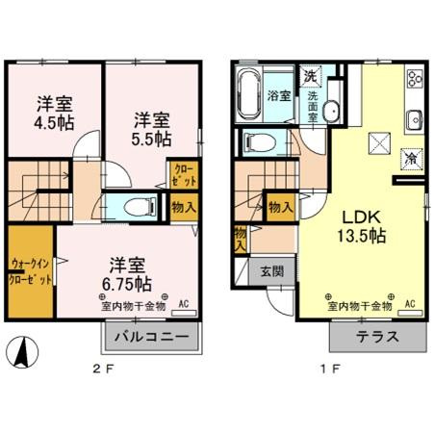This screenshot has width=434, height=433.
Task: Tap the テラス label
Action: click(377, 339)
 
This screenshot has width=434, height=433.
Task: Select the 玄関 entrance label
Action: click(271, 271)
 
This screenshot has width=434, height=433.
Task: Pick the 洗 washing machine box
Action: click(310, 75)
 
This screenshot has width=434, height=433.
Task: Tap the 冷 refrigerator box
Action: click(410, 158)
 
